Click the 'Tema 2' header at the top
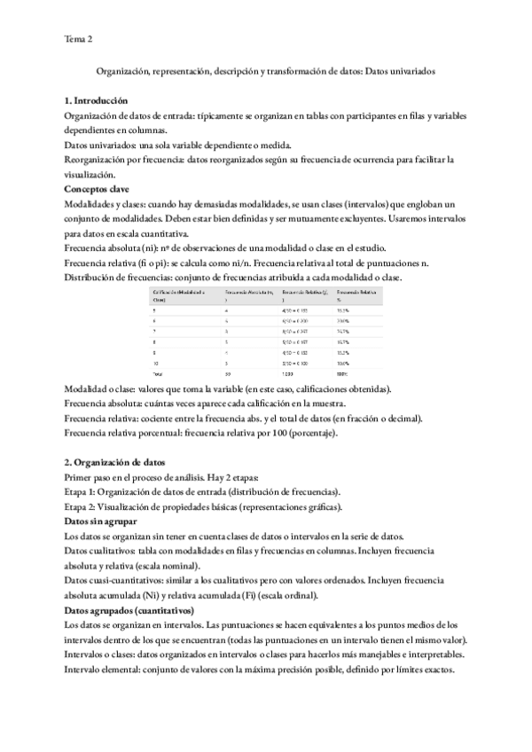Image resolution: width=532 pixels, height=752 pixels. pyautogui.click(x=78, y=39)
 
